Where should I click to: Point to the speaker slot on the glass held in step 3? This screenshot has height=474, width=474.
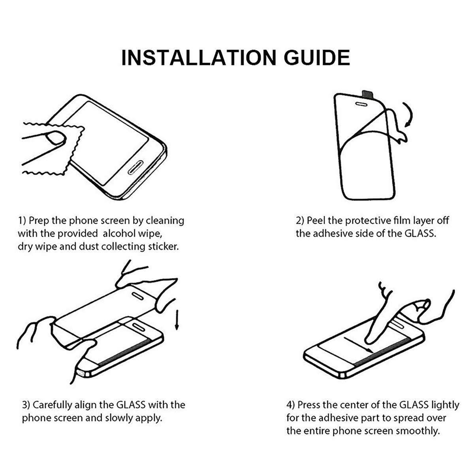[x=139, y=295]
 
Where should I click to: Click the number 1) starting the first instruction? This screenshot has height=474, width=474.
[x=22, y=220]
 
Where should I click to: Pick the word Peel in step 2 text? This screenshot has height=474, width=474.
[x=316, y=220]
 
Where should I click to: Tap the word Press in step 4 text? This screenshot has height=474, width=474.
[x=309, y=405]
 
